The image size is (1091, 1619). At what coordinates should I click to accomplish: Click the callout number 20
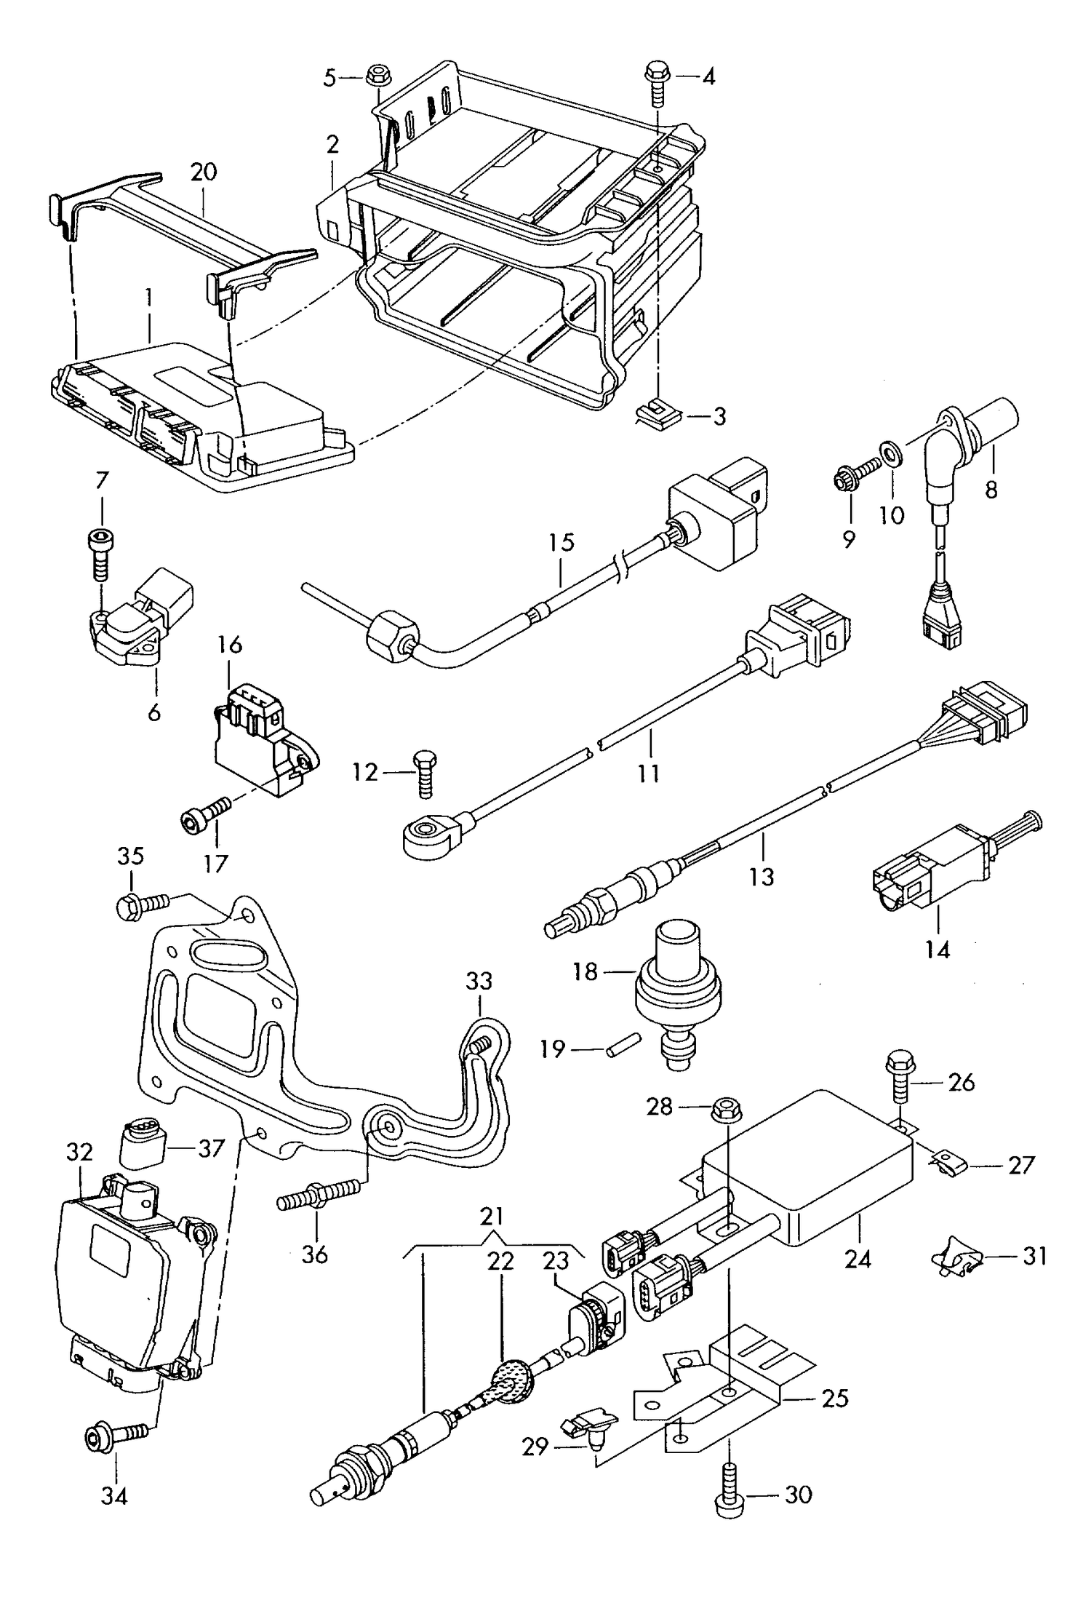pyautogui.click(x=204, y=172)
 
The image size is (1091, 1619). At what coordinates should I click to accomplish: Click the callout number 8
pyautogui.click(x=992, y=490)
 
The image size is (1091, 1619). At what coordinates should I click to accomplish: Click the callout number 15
pyautogui.click(x=562, y=542)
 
